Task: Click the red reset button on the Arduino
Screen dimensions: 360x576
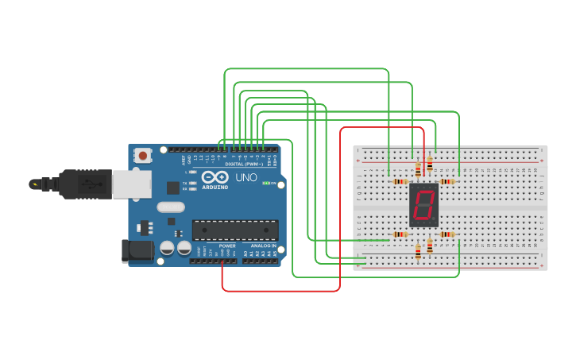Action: point(143,155)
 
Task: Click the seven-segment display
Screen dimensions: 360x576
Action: point(424,205)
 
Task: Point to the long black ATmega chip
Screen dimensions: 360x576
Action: point(235,230)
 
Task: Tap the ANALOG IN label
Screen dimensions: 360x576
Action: point(265,246)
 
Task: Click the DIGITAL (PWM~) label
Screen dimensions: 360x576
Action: point(245,164)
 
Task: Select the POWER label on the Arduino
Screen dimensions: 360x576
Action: point(227,246)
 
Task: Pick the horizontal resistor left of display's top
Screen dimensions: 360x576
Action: point(400,181)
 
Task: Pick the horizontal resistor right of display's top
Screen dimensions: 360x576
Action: point(447,181)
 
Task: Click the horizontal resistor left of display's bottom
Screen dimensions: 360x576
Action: point(400,234)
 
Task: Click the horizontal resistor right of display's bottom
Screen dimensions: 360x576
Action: point(447,234)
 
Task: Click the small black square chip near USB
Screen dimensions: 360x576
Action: point(173,188)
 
